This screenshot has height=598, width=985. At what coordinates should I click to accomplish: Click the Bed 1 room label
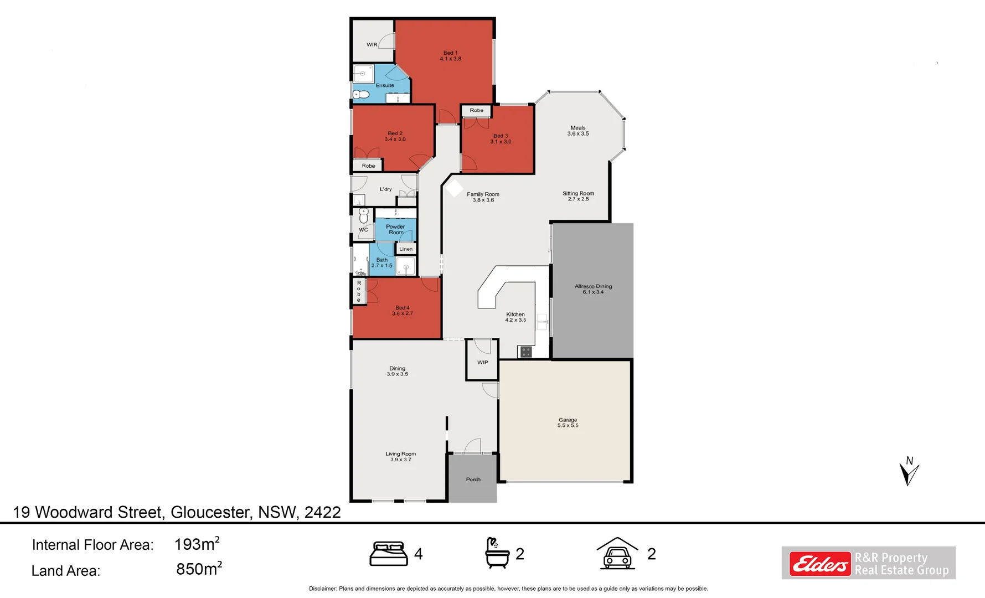tap(450, 56)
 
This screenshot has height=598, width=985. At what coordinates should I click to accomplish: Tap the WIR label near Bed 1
tap(372, 45)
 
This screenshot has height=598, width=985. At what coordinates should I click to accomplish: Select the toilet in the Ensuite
tap(361, 95)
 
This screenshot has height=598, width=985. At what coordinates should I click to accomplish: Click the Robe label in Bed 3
tap(477, 110)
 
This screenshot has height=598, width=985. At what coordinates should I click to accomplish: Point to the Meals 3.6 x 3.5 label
tap(577, 131)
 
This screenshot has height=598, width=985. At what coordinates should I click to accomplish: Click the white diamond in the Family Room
tap(454, 188)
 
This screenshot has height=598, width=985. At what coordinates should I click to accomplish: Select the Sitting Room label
tap(578, 196)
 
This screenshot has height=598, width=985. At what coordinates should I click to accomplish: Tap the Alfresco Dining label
tap(593, 289)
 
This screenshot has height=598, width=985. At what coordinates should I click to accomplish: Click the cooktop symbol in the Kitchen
tap(525, 352)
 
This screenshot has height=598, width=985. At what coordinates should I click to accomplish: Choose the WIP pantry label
tap(483, 363)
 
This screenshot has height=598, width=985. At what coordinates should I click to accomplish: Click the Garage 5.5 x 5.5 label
tap(568, 422)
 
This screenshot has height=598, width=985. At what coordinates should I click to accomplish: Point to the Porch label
tap(473, 480)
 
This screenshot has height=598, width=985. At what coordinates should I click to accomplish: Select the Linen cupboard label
tap(406, 249)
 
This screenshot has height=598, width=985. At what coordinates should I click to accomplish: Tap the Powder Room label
tap(395, 229)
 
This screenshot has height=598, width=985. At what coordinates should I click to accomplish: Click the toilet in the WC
tap(364, 215)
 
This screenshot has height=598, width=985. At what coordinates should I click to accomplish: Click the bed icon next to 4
tap(388, 554)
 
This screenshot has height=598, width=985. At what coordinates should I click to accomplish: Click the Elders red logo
tap(819, 564)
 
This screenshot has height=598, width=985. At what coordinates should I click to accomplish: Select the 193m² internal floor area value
tap(197, 544)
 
